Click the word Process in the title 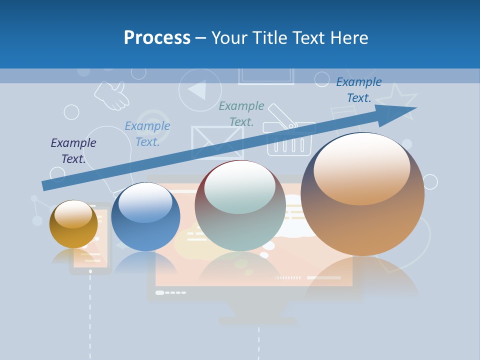(x=157, y=38)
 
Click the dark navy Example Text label (x=73, y=151)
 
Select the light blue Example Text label (x=147, y=134)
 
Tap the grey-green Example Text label (x=241, y=113)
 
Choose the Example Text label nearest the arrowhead (x=359, y=90)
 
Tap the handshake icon (x=112, y=95)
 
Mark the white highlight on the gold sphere (x=73, y=214)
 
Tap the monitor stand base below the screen (x=258, y=320)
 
